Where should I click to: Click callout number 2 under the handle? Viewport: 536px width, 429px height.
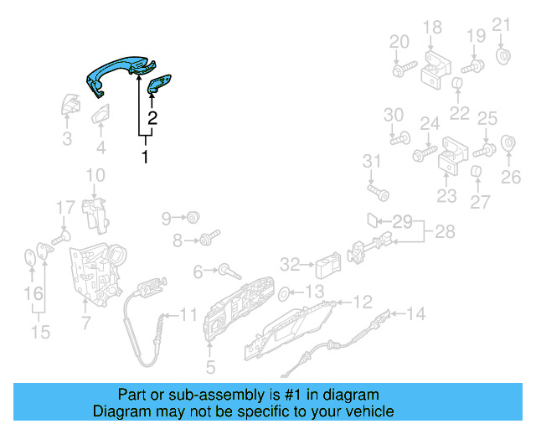pyautogui.click(x=152, y=118)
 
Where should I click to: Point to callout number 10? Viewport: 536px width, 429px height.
pyautogui.click(x=95, y=175)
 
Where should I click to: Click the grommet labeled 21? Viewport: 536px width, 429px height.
pyautogui.click(x=505, y=57)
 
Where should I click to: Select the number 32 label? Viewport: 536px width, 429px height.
pyautogui.click(x=290, y=265)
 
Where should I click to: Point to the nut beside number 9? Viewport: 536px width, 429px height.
pyautogui.click(x=192, y=219)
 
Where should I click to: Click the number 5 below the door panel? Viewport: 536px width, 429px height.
pyautogui.click(x=210, y=366)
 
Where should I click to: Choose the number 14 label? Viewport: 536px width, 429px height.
pyautogui.click(x=416, y=314)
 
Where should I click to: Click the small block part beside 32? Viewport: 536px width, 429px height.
pyautogui.click(x=326, y=266)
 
